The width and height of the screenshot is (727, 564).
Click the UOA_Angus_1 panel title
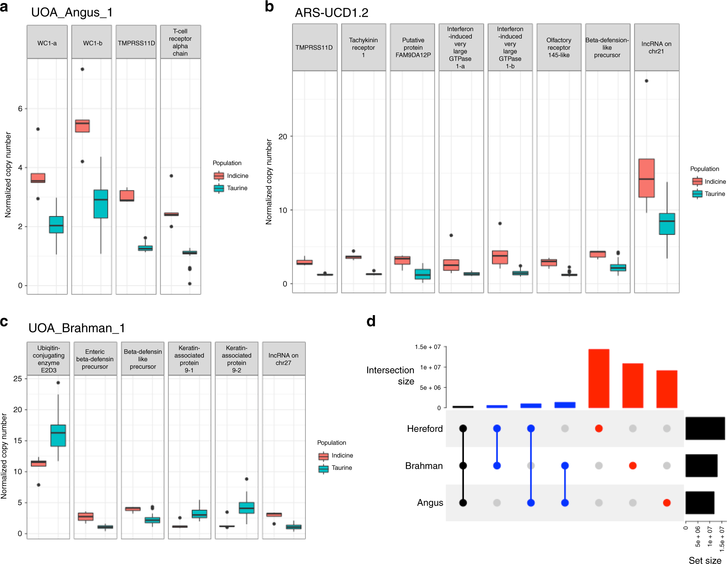[x=72, y=13]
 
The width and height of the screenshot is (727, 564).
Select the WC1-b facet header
[x=92, y=43]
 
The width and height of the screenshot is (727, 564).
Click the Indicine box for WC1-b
[x=82, y=126]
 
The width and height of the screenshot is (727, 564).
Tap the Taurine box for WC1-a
[x=56, y=225]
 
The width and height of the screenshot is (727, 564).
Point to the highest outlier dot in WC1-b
[x=82, y=69]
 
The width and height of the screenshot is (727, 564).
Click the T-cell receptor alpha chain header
[x=180, y=42]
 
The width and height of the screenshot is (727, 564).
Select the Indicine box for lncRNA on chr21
[x=646, y=178]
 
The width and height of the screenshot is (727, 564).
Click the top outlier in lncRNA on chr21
[x=646, y=81]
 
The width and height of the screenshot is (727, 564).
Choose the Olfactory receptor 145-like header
[x=558, y=47]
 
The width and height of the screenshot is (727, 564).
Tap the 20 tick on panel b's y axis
[x=283, y=137]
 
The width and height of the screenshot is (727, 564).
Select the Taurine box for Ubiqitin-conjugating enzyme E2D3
[x=58, y=435]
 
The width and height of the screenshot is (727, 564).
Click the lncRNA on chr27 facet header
[x=284, y=359]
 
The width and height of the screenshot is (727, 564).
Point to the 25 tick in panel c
[x=17, y=379]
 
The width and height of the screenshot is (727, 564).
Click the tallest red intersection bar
[x=599, y=378]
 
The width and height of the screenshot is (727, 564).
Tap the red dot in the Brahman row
[x=632, y=465]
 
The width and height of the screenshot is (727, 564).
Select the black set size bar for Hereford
[x=705, y=428]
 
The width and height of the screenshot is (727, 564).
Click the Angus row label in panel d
[x=430, y=503]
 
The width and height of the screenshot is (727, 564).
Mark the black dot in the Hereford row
[x=463, y=429]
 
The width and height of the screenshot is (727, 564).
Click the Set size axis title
[x=705, y=560]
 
